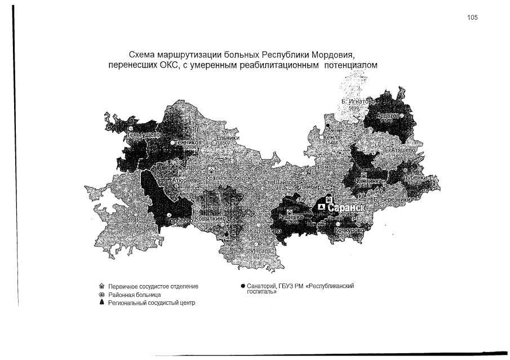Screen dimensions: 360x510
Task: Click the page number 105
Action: [472, 17]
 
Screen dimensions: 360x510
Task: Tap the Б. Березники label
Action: [393, 199]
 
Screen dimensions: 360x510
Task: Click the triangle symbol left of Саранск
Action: [321, 207]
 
